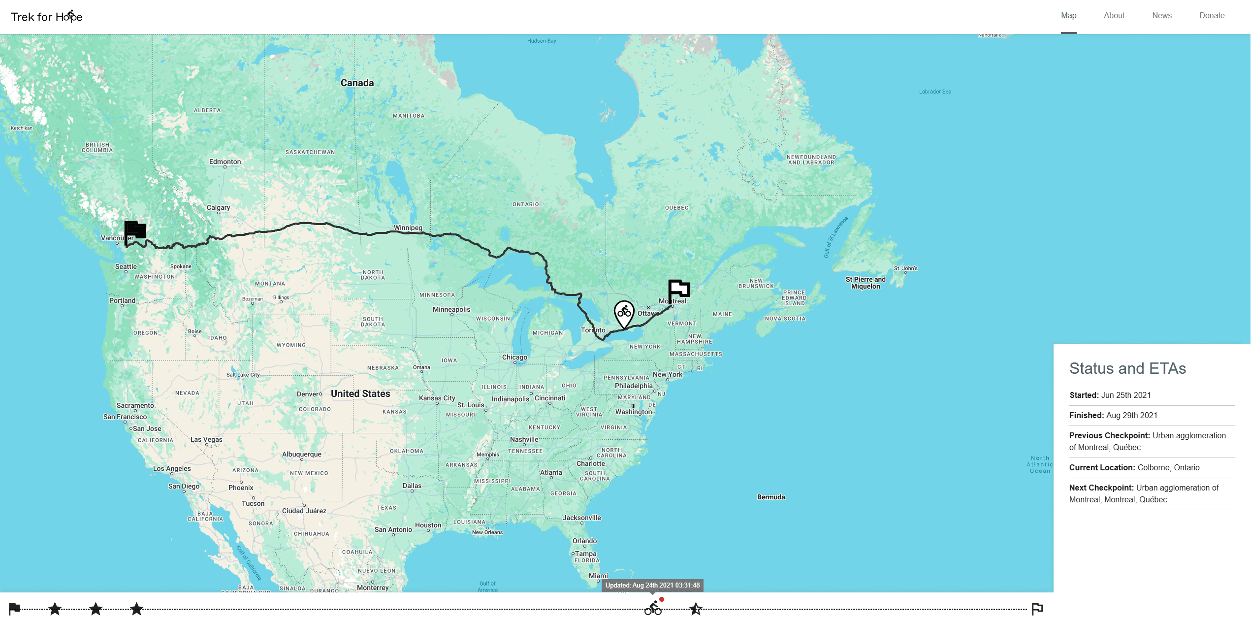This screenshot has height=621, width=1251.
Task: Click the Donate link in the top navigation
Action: click(x=1212, y=16)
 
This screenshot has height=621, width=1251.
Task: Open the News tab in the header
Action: click(x=1161, y=16)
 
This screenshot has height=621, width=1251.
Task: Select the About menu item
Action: click(x=1114, y=16)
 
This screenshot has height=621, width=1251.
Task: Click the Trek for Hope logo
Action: click(x=47, y=17)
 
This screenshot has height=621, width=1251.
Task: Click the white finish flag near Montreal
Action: click(x=679, y=289)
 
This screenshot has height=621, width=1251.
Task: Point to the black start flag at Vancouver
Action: click(x=135, y=230)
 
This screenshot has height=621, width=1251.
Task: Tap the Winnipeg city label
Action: click(x=408, y=228)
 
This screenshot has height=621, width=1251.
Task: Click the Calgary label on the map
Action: click(x=218, y=207)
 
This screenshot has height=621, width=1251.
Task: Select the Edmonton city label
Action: click(x=225, y=162)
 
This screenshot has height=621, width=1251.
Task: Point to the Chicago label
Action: click(x=514, y=357)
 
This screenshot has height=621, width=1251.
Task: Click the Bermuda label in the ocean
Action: click(x=770, y=497)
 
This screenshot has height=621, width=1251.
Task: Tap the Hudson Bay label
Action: click(x=541, y=41)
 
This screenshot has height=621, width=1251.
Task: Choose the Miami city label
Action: click(x=598, y=576)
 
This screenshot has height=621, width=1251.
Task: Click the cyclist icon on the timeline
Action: click(x=653, y=609)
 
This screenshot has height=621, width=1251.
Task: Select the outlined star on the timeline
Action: click(x=696, y=609)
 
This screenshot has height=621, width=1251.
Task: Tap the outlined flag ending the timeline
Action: click(x=1037, y=609)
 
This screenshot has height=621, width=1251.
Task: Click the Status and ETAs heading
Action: click(x=1127, y=368)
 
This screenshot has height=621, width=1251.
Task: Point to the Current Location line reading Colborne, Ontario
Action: click(x=1134, y=467)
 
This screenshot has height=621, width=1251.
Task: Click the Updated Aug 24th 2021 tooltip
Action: click(x=652, y=585)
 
